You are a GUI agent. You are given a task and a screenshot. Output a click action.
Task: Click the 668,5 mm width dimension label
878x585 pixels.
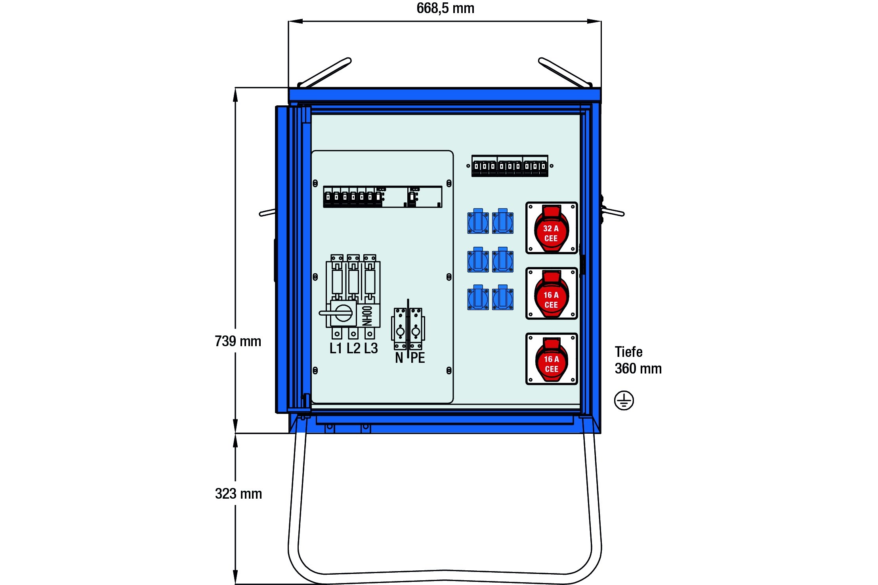click(445, 9)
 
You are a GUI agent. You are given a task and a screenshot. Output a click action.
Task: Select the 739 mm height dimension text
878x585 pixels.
click(238, 341)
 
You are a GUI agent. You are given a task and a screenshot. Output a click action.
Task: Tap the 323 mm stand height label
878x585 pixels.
click(238, 494)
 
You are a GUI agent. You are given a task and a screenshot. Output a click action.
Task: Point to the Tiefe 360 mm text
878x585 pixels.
click(638, 360)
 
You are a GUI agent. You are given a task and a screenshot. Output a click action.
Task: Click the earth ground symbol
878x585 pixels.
click(624, 400)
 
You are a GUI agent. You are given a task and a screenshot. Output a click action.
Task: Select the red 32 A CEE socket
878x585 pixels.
click(551, 229)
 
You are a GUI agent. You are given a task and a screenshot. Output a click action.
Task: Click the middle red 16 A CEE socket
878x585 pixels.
click(551, 294)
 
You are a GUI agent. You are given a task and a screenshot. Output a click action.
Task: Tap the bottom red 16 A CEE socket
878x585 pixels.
click(551, 359)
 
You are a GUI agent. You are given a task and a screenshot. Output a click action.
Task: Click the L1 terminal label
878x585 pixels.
click(336, 349)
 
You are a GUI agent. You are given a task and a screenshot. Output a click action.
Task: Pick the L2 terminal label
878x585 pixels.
click(353, 349)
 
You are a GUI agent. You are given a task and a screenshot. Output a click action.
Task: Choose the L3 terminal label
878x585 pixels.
click(371, 349)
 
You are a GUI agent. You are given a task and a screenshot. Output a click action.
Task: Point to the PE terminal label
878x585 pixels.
click(418, 358)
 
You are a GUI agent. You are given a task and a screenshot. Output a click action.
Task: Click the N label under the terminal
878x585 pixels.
click(399, 358)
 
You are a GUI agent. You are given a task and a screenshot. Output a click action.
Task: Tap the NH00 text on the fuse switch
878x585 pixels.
click(367, 315)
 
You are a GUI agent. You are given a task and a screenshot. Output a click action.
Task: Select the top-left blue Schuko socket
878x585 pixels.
click(478, 221)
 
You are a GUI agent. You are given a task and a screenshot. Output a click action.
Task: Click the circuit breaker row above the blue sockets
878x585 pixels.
click(510, 166)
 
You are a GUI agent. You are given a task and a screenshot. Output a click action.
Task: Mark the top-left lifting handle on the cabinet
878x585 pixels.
click(325, 72)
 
